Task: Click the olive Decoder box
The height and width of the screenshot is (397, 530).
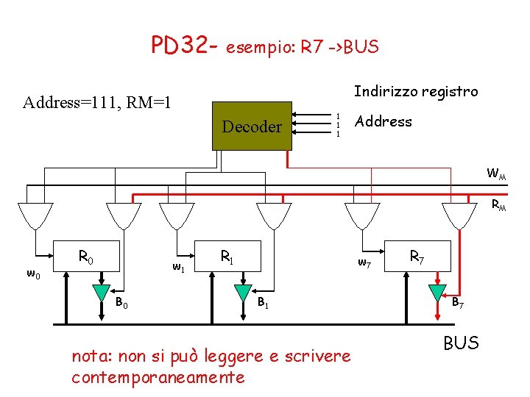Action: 252,126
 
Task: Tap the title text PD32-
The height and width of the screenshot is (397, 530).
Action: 184,46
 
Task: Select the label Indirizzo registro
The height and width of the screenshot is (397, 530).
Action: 416,91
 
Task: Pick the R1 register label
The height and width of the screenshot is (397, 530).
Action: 227,257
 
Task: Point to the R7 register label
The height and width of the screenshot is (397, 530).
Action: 417,257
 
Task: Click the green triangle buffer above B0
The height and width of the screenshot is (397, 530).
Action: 102,293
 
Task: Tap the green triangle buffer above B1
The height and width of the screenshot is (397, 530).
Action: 243,293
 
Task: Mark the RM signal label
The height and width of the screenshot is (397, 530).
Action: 499,207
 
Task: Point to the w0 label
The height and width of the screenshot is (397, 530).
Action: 33,274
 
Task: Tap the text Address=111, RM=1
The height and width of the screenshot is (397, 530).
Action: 97,101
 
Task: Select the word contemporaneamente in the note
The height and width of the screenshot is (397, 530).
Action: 158,377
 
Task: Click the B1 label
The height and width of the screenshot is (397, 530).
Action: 263,303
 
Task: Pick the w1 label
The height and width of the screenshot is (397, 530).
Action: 178,266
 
